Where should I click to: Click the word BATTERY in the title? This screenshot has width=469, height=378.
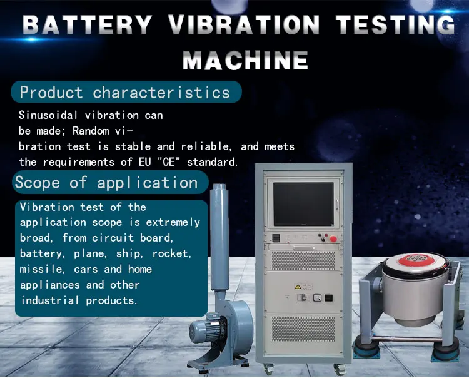click(x=88, y=24)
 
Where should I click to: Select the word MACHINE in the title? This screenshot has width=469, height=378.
click(x=245, y=61)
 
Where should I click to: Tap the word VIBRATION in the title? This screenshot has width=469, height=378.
click(x=244, y=24)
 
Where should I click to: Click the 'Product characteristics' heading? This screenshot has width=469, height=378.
click(x=125, y=93)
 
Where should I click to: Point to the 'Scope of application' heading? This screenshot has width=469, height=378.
click(x=106, y=183)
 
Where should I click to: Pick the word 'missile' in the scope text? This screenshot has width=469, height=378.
click(x=41, y=269)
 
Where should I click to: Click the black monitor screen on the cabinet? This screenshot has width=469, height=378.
click(x=303, y=204)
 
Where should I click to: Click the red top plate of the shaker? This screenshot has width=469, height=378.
click(x=415, y=262)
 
